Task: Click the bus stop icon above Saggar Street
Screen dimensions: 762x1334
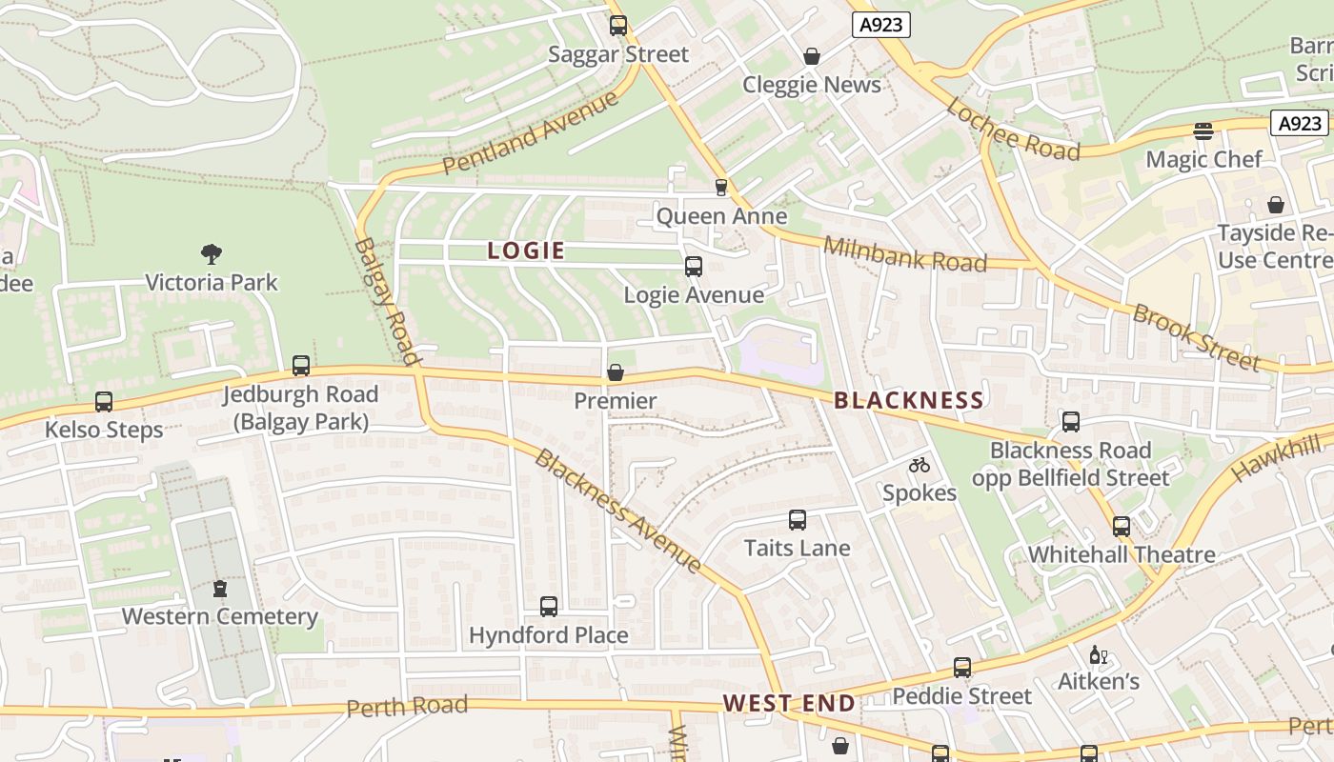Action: coord(618,26)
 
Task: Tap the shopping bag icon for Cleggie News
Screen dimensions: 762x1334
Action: coord(812,57)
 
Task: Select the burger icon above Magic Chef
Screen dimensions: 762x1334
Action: coord(1203,131)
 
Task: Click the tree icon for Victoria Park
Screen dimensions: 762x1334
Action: coord(212,254)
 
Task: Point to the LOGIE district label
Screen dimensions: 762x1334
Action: coord(527,251)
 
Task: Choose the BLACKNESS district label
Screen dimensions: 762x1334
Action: coord(909,401)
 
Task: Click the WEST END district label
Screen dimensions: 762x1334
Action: coord(789,704)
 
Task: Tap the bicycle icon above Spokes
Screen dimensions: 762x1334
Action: coord(920,465)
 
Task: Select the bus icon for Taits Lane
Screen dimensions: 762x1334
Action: coord(798,520)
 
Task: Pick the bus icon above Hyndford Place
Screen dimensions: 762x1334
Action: coord(549,607)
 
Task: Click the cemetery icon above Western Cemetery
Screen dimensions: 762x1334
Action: coord(220,589)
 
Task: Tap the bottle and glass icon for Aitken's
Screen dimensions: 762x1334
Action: coord(1099,655)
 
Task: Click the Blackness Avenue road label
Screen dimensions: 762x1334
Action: coord(618,512)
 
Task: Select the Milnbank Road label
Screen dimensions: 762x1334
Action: coord(904,254)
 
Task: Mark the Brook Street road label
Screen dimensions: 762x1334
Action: coord(1196,337)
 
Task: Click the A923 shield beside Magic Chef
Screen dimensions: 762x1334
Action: coord(1300,123)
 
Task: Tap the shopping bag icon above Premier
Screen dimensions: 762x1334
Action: coord(616,372)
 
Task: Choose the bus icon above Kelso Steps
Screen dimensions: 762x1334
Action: coord(104,402)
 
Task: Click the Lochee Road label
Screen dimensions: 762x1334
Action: coord(1013,130)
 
